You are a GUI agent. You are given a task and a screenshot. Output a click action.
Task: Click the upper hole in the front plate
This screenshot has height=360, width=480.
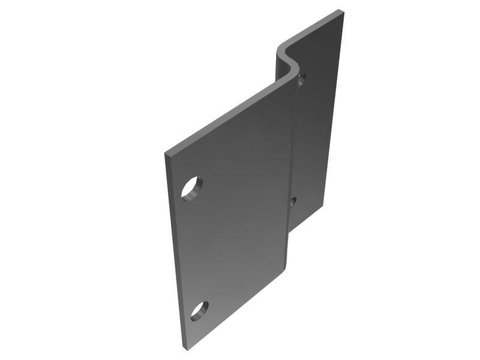(192, 188)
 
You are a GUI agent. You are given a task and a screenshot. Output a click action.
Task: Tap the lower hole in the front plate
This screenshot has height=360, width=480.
(199, 310)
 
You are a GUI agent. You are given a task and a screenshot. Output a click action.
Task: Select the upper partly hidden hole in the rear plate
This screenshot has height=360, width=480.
(302, 77)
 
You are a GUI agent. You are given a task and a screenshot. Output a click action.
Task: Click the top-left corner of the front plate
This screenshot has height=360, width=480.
(166, 154)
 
